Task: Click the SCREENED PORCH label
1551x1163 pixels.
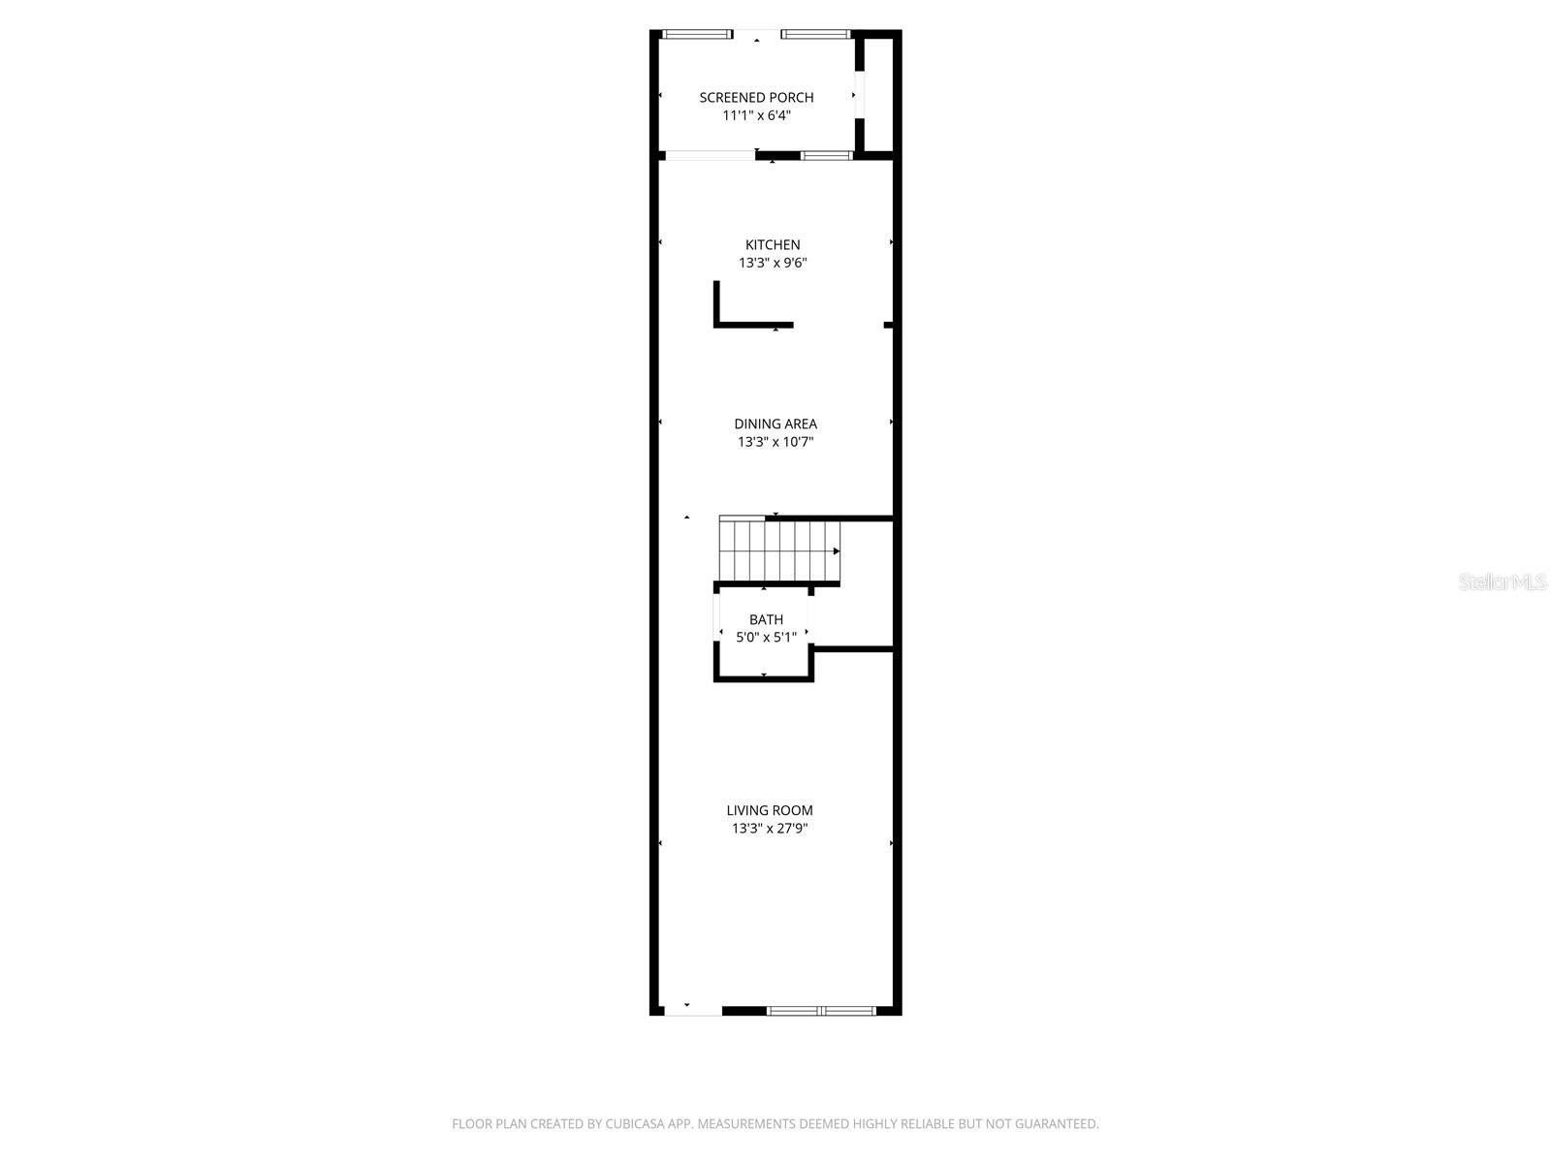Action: [x=756, y=97]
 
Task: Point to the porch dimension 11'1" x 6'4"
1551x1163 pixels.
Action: [x=756, y=115]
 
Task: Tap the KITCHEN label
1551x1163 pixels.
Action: [x=773, y=245]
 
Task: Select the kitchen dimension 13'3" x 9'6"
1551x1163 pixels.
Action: [x=773, y=263]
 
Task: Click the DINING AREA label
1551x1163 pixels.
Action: [x=775, y=424]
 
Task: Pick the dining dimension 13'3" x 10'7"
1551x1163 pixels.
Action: [x=775, y=442]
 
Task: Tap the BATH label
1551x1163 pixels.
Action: [x=766, y=619]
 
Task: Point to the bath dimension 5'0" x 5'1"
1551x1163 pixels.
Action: [x=766, y=638]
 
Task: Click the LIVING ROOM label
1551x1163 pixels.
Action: [x=770, y=810]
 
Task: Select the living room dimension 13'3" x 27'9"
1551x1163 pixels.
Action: [x=770, y=829]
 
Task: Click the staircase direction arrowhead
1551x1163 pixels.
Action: [x=836, y=550]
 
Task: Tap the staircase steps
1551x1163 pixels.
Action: [x=775, y=550]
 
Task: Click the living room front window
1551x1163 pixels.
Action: [x=821, y=1011]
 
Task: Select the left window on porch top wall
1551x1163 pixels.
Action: [x=696, y=35]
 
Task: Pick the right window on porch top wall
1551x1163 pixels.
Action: [x=816, y=35]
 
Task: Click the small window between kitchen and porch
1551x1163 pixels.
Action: [x=826, y=155]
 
